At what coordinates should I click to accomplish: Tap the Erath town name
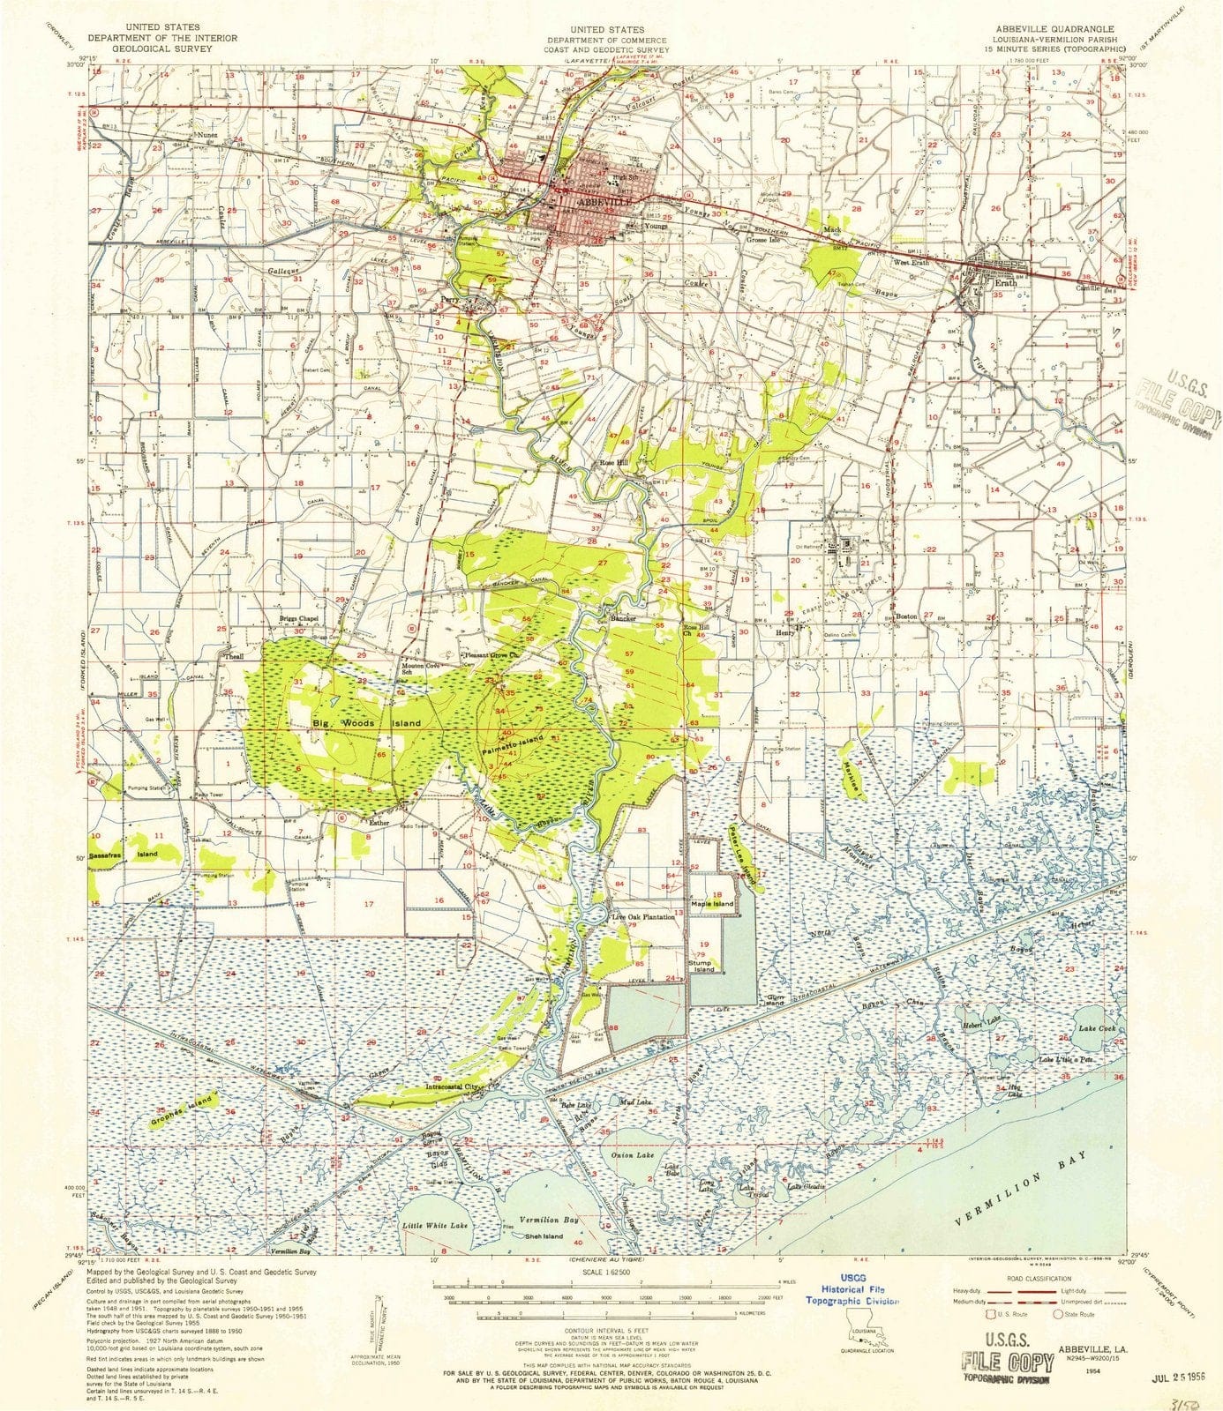pos(1005,283)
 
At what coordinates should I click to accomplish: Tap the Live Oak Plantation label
pos(644,917)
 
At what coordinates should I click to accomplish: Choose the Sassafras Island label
pos(123,855)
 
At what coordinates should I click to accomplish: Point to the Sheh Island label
pos(543,1236)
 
